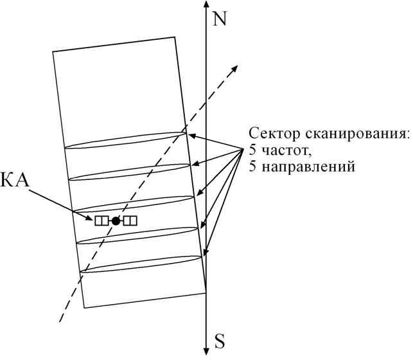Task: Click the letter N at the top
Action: (220, 19)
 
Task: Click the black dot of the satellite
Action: (116, 221)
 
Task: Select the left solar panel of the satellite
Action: (101, 221)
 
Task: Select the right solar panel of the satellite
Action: (130, 221)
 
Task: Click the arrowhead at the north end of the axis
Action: (206, 5)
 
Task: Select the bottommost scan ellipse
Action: (141, 265)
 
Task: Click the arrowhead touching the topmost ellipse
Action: (190, 135)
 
